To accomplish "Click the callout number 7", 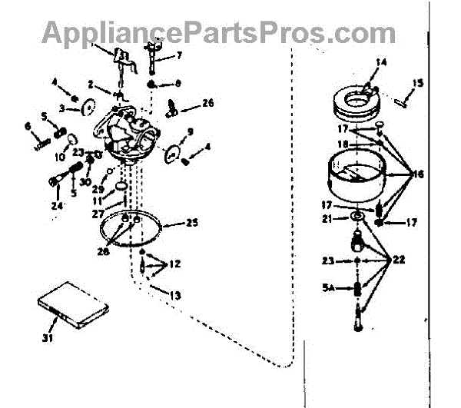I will tap(179, 56).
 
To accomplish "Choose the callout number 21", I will tap(327, 219).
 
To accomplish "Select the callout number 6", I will tap(28, 127).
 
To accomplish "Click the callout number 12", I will tap(175, 264).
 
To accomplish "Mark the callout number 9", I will tap(190, 131).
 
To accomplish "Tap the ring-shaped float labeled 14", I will tap(361, 105).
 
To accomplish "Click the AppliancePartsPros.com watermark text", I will tap(219, 33).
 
